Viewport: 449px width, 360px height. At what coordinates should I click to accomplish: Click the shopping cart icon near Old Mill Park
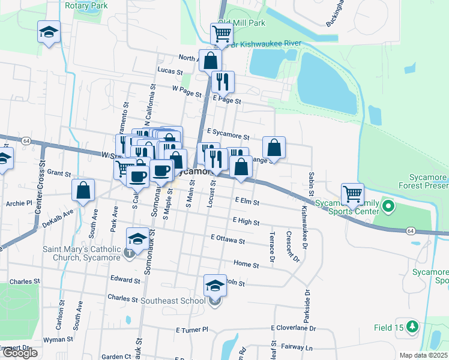click(221, 34)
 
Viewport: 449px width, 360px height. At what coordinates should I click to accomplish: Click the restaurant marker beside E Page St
click(223, 82)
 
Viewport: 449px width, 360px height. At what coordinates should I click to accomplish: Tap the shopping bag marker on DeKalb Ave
click(83, 190)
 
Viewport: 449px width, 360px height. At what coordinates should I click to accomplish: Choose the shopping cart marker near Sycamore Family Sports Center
click(352, 194)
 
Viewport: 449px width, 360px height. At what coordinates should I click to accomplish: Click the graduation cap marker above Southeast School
click(215, 286)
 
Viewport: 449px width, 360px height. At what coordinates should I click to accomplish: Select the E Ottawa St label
click(228, 241)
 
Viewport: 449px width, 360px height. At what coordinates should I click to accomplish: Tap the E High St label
click(246, 222)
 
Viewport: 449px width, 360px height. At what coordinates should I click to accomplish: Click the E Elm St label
click(247, 202)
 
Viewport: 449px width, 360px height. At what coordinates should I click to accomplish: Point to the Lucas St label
click(170, 71)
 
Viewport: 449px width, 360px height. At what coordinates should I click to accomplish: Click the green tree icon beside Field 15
click(412, 327)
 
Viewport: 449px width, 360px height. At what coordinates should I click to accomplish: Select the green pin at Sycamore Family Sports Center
click(388, 208)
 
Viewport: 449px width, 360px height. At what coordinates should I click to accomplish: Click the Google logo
click(19, 353)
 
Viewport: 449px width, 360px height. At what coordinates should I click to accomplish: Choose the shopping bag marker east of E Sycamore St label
click(274, 148)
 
